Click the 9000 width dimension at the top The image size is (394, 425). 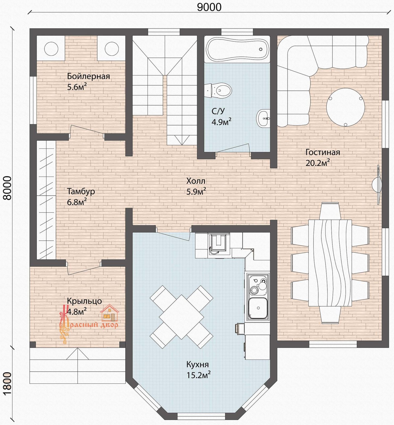[209, 7]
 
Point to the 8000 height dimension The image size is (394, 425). [8, 188]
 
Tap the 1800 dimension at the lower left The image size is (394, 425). [8, 383]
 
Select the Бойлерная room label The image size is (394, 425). [88, 76]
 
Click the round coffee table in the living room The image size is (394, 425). [345, 107]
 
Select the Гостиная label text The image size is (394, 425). [323, 152]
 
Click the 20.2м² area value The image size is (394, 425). [318, 163]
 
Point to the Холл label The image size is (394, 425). [196, 181]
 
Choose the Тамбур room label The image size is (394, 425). [81, 191]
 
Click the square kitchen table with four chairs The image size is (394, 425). [181, 317]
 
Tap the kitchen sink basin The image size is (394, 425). [258, 308]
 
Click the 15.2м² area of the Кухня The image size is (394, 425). [198, 375]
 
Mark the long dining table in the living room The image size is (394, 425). [330, 263]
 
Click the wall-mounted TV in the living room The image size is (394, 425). [378, 185]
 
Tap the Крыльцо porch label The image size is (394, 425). [84, 301]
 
